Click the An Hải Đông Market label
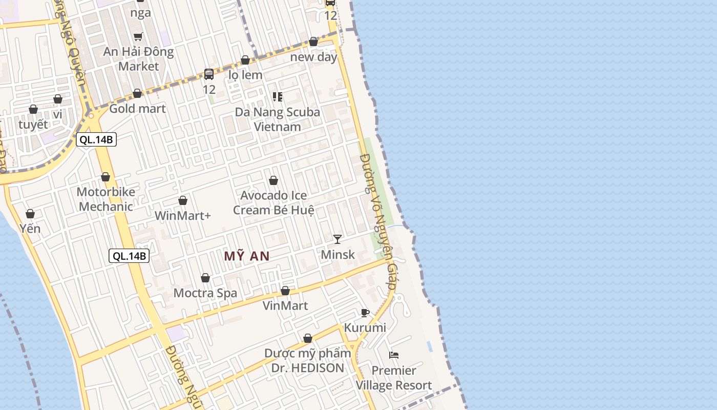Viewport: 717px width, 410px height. click(x=138, y=59)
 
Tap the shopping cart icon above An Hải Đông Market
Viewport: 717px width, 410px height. click(x=138, y=36)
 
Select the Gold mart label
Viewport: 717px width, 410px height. click(x=138, y=108)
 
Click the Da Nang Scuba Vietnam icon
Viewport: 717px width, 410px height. click(x=278, y=96)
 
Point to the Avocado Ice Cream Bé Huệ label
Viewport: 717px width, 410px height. click(x=273, y=202)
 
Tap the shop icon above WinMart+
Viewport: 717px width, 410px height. click(x=183, y=200)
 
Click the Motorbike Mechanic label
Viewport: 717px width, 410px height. click(x=106, y=199)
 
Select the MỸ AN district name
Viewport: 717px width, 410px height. click(x=247, y=256)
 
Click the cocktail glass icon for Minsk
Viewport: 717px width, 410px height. click(x=338, y=239)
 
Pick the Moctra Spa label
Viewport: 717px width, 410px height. click(x=205, y=293)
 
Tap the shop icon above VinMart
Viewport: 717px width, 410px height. click(x=285, y=291)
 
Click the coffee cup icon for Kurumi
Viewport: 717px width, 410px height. click(x=365, y=313)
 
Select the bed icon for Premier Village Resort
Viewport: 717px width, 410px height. click(x=394, y=355)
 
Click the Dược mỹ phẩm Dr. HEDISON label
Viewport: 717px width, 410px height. click(x=308, y=360)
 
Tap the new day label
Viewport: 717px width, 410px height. click(x=314, y=57)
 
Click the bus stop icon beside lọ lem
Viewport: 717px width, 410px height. click(x=209, y=74)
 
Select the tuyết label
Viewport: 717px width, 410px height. click(x=33, y=124)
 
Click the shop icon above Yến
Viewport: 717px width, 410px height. click(x=30, y=214)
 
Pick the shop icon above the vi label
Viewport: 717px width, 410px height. click(x=58, y=99)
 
